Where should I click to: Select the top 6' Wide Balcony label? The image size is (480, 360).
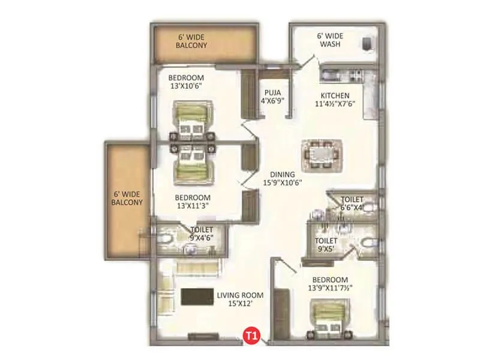pyautogui.click(x=192, y=41)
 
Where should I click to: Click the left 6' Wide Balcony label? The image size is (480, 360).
pyautogui.click(x=127, y=198)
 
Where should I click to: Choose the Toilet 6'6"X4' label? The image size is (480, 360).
pyautogui.click(x=352, y=203)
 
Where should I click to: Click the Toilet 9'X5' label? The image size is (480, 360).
pyautogui.click(x=326, y=245)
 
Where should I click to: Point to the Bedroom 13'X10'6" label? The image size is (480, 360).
pyautogui.click(x=186, y=82)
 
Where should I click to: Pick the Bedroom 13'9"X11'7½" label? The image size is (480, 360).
pyautogui.click(x=330, y=284)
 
